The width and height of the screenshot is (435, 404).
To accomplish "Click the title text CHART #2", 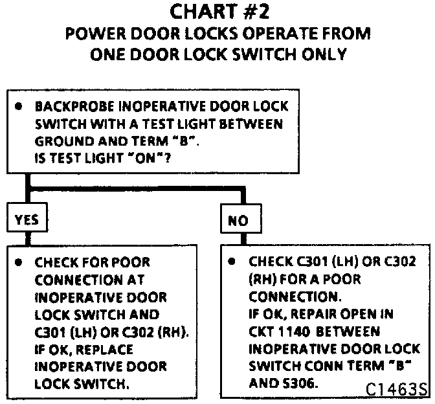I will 217,12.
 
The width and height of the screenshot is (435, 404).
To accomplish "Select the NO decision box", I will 238,220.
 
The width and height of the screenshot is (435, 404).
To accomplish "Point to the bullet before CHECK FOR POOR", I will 21,263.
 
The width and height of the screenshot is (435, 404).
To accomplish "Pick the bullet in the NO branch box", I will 232,263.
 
